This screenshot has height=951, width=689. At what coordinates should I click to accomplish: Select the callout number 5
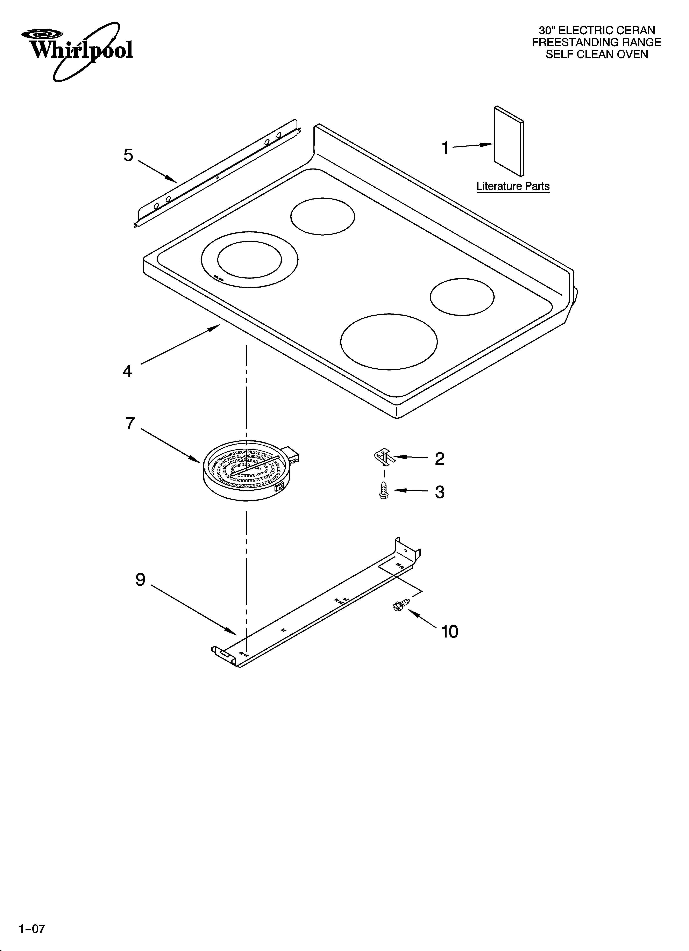pos(128,155)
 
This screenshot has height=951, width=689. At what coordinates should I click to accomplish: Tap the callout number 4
pos(127,371)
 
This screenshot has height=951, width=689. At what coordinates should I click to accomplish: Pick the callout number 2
pos(439,459)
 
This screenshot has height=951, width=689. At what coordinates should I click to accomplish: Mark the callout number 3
pos(439,492)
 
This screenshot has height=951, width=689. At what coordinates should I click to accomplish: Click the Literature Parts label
pos(513,186)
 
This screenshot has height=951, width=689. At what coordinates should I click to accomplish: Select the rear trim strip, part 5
pos(218,174)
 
